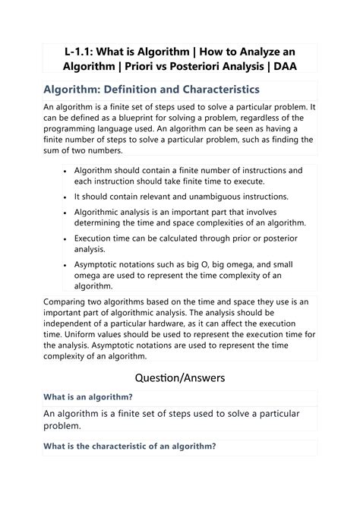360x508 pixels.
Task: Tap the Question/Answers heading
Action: (179, 377)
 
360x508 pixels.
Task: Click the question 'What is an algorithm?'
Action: (88, 397)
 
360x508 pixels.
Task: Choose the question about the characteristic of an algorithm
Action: (130, 446)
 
